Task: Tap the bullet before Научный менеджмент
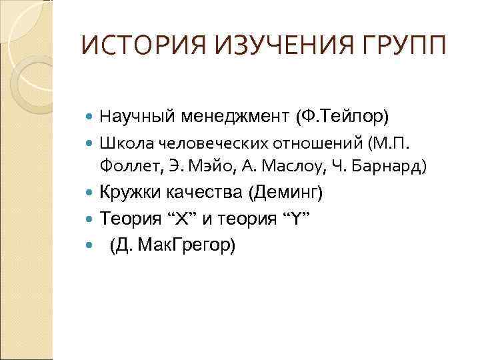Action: click(91, 119)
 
